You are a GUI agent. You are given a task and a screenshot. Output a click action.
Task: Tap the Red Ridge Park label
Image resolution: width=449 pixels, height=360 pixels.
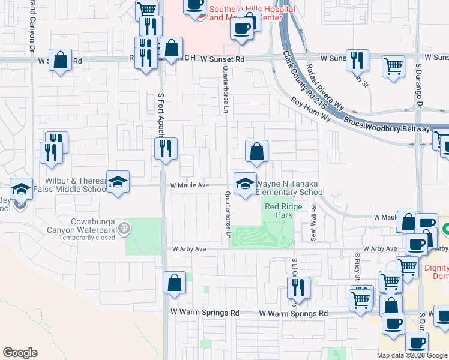[278, 210]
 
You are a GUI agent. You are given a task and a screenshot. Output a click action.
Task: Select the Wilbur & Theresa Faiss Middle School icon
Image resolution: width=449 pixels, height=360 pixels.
[118, 182]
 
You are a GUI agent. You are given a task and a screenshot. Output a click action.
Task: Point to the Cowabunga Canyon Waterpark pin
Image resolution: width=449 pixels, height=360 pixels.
[124, 227]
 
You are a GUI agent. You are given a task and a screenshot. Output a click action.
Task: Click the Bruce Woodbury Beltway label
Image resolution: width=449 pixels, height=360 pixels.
[387, 125]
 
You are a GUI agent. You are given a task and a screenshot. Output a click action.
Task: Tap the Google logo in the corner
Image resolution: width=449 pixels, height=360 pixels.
[20, 353]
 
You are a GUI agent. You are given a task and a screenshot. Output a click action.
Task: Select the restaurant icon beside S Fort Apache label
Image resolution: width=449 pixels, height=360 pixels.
[166, 149]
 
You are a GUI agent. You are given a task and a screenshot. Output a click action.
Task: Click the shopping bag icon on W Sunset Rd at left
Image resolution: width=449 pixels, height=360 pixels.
[60, 60]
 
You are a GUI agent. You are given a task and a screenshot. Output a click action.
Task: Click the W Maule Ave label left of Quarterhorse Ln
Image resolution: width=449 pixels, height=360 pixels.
[189, 186]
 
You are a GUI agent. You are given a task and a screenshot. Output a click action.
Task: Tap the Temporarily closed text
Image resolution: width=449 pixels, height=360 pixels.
[87, 238]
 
